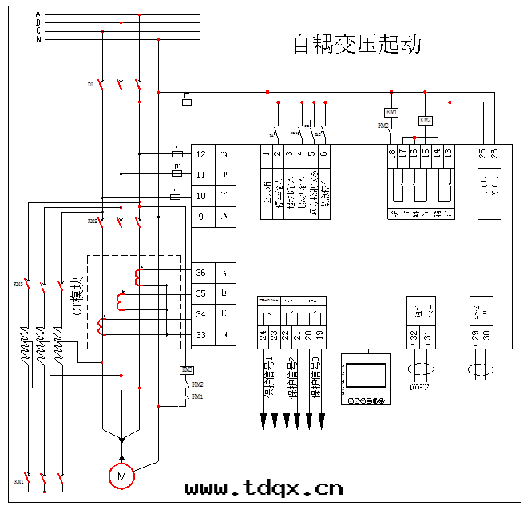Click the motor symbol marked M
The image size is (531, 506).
click(x=121, y=476)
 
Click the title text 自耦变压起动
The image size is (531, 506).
click(x=357, y=45)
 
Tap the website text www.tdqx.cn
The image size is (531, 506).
click(x=264, y=488)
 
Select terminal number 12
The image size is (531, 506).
click(x=200, y=154)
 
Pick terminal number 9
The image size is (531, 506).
click(x=200, y=217)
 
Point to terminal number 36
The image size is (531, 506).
click(x=200, y=273)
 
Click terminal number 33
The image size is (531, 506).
click(x=200, y=334)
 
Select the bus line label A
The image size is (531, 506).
click(x=38, y=14)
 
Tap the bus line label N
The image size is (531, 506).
click(x=38, y=39)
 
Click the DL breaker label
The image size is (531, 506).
click(x=90, y=84)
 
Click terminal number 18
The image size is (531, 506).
click(x=391, y=152)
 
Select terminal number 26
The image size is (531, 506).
click(x=493, y=152)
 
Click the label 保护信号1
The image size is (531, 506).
click(x=270, y=375)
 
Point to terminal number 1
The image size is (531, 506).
click(x=266, y=152)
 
